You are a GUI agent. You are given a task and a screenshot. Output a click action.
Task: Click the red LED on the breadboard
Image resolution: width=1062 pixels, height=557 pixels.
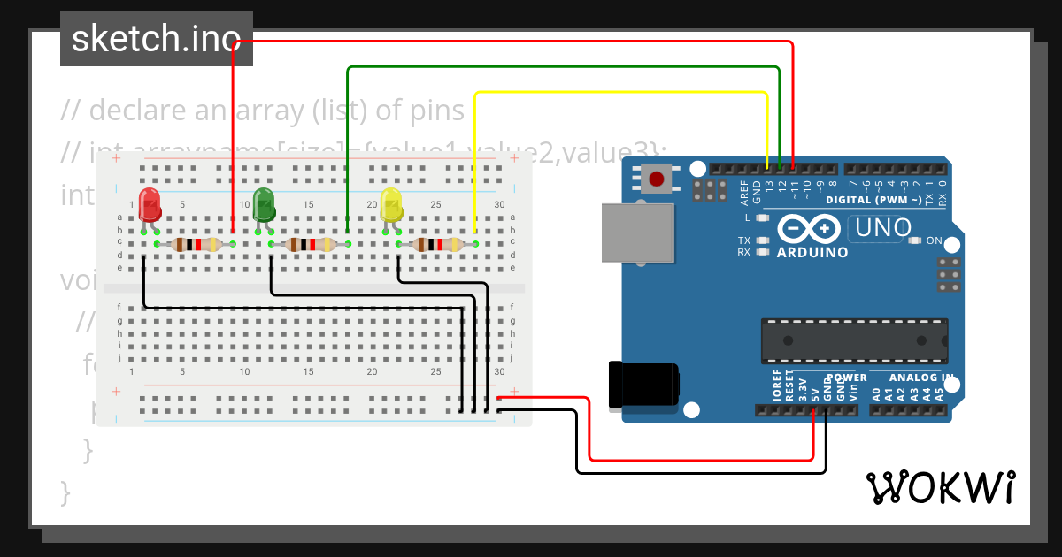(x=150, y=204)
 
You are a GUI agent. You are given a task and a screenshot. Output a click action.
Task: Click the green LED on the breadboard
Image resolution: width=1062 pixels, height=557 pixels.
(x=264, y=204)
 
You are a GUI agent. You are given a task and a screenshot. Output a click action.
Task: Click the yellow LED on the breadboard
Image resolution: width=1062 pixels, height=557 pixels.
(x=391, y=205)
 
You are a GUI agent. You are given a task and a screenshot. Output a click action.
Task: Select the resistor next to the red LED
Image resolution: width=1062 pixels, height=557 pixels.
(x=196, y=244)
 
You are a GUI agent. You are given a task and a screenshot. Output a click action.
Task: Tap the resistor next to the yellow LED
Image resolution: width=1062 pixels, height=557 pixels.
(x=437, y=244)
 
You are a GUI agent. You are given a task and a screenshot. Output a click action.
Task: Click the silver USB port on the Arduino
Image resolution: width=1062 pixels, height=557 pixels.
(x=631, y=233)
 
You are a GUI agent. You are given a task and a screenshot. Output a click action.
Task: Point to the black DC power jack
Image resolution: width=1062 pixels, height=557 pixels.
(x=644, y=385)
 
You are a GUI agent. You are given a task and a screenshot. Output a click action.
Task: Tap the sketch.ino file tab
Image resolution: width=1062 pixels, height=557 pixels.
(x=157, y=39)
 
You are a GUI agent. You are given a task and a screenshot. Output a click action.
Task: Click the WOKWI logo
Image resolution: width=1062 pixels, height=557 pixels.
(x=940, y=487)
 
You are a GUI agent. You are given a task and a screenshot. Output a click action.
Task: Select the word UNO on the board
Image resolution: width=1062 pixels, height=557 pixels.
(x=879, y=228)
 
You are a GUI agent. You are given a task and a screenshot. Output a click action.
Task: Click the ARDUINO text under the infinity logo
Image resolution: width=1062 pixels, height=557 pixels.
(x=812, y=252)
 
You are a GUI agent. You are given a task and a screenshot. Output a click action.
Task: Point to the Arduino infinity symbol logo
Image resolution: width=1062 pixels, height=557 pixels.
(x=809, y=229)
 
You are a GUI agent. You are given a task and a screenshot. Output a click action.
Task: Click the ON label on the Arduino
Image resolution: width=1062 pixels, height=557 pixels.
(x=934, y=240)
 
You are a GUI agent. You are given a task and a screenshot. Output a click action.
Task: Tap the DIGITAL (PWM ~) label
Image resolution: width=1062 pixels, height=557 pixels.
(x=873, y=200)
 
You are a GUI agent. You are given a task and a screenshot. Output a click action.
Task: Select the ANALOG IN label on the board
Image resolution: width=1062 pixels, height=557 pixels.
(x=920, y=378)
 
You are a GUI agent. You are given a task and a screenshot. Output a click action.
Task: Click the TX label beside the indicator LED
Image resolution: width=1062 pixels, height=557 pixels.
(x=744, y=240)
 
